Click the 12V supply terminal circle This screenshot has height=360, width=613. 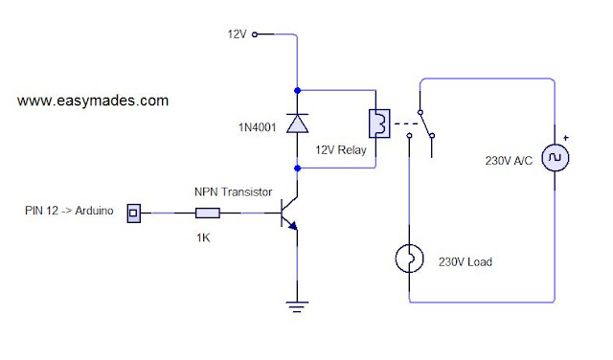(x=255, y=34)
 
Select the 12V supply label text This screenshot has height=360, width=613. (x=237, y=34)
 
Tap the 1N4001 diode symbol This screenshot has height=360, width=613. (x=297, y=124)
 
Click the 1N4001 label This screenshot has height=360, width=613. (x=258, y=127)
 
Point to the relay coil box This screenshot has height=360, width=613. (x=379, y=124)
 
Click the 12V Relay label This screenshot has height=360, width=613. (x=341, y=150)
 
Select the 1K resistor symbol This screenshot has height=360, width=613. (x=208, y=213)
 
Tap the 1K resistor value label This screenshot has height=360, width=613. (x=203, y=237)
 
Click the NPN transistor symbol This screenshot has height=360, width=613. (x=289, y=214)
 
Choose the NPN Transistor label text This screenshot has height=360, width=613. (x=233, y=191)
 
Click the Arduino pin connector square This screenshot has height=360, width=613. (x=134, y=214)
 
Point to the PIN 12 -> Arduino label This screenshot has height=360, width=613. (x=69, y=211)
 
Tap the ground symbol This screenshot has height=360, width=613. (x=297, y=306)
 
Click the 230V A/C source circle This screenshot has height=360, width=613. (x=556, y=158)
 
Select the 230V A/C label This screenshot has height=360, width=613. (x=509, y=161)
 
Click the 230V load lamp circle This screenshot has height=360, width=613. (x=409, y=259)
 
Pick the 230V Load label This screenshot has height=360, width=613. (x=465, y=262)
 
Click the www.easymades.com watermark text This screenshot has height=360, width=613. (x=93, y=101)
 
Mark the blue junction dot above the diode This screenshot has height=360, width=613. (x=298, y=90)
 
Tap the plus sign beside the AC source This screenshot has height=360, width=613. (x=566, y=138)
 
